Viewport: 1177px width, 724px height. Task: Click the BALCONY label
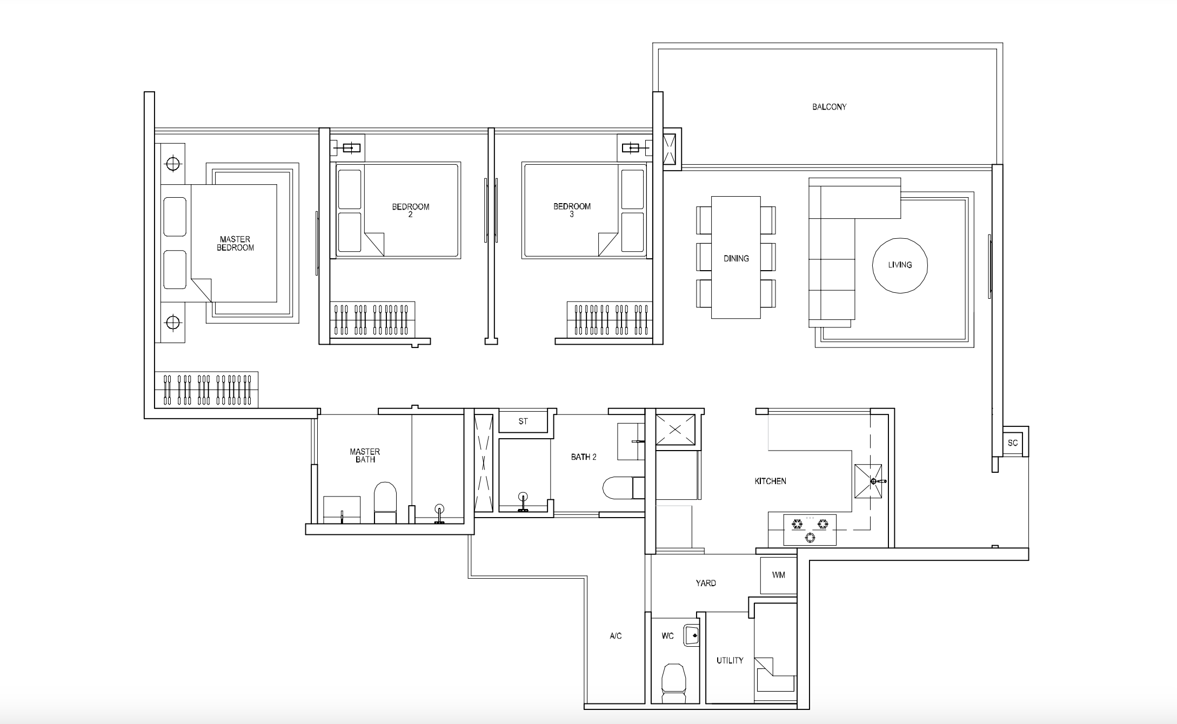click(829, 107)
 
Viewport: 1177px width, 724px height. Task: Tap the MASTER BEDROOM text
click(235, 244)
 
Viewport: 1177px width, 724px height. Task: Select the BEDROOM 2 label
click(411, 210)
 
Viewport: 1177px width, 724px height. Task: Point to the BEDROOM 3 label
click(572, 210)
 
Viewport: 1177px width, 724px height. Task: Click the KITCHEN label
click(770, 481)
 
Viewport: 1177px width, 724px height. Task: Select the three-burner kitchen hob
click(810, 529)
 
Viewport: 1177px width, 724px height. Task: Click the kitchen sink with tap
click(868, 481)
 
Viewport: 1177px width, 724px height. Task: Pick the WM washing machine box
click(778, 575)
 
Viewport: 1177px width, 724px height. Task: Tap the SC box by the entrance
click(1013, 443)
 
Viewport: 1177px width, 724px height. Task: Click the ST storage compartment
click(523, 421)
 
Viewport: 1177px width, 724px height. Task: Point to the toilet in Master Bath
click(385, 502)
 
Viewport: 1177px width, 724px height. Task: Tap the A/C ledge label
click(616, 636)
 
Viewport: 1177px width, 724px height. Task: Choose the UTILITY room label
click(730, 660)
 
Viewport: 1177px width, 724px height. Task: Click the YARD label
click(706, 583)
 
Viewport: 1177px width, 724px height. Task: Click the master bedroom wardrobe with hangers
click(206, 390)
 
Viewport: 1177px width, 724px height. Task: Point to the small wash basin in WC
click(692, 635)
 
